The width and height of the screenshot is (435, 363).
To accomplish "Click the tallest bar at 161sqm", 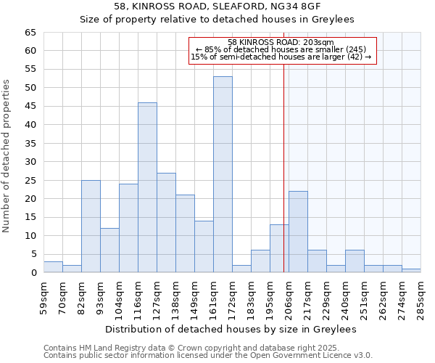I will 223,174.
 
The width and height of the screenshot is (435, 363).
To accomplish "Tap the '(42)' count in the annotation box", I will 360,57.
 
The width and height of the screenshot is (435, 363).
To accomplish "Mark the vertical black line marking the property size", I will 283,167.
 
